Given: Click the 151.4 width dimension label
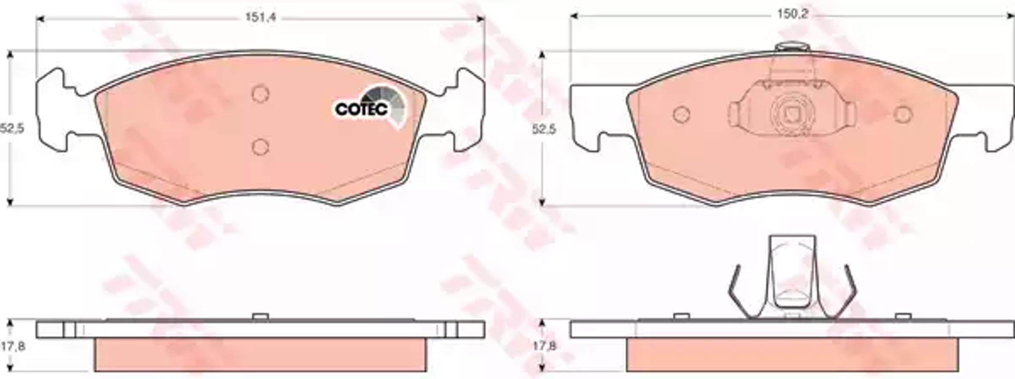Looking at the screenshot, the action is (261, 18).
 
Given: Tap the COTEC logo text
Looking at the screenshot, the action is (361, 109).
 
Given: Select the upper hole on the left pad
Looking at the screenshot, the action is (260, 94).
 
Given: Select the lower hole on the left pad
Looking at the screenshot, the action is (260, 147).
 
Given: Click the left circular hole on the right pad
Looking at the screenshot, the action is (681, 114).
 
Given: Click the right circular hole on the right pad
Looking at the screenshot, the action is (903, 114).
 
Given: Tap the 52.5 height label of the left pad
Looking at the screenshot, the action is (12, 128).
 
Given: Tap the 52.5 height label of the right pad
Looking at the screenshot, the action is (544, 129).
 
